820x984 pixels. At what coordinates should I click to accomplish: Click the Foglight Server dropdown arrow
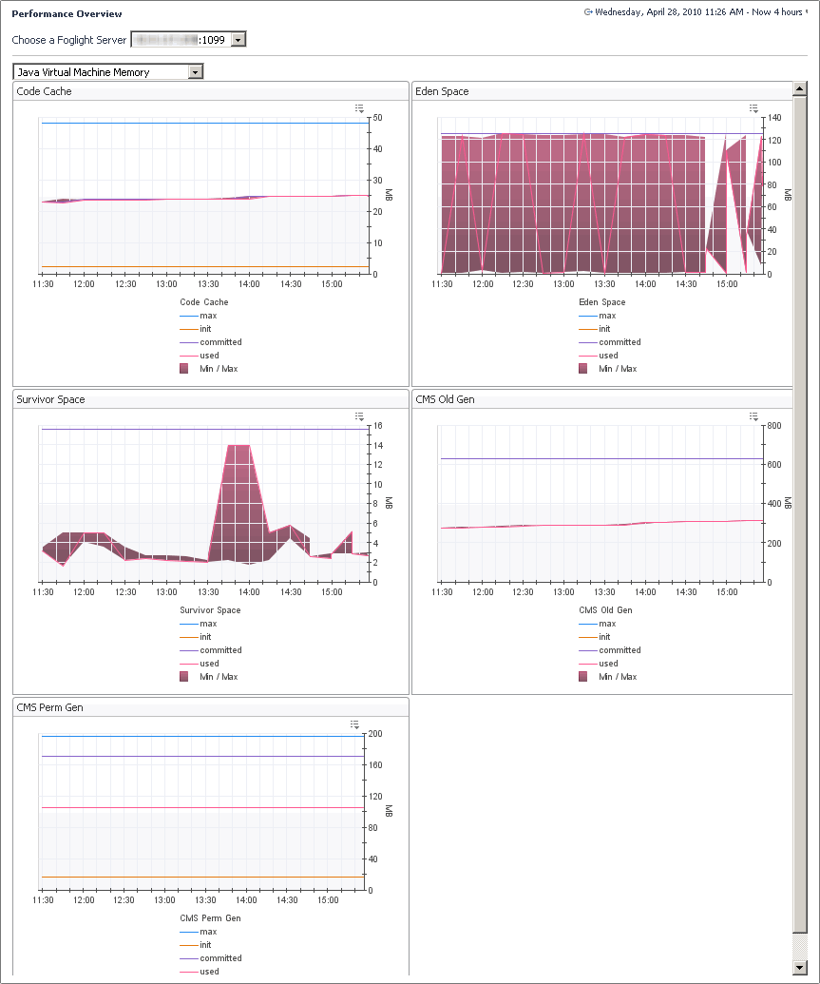(238, 39)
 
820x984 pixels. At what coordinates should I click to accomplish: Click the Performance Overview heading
(67, 14)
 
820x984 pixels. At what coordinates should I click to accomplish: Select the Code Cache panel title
(45, 91)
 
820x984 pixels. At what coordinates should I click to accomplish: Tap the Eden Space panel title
(442, 91)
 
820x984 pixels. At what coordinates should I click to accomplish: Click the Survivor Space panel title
(50, 399)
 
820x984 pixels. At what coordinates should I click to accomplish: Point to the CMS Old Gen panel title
(445, 399)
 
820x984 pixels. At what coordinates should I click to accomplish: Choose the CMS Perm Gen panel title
(49, 707)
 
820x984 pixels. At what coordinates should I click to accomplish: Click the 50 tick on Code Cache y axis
(377, 118)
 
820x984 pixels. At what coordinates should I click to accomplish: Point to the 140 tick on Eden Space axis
(775, 118)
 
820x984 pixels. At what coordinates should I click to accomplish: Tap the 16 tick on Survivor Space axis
(377, 426)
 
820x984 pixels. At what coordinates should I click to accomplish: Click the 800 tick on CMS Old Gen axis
(775, 426)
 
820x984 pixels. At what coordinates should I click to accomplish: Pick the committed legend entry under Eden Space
(620, 342)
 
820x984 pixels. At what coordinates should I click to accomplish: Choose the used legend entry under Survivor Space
(209, 664)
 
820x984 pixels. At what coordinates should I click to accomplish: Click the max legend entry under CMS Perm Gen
(208, 932)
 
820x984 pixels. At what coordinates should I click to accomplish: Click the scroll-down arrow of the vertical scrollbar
(800, 967)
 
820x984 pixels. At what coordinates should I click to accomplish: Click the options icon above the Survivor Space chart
(359, 416)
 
